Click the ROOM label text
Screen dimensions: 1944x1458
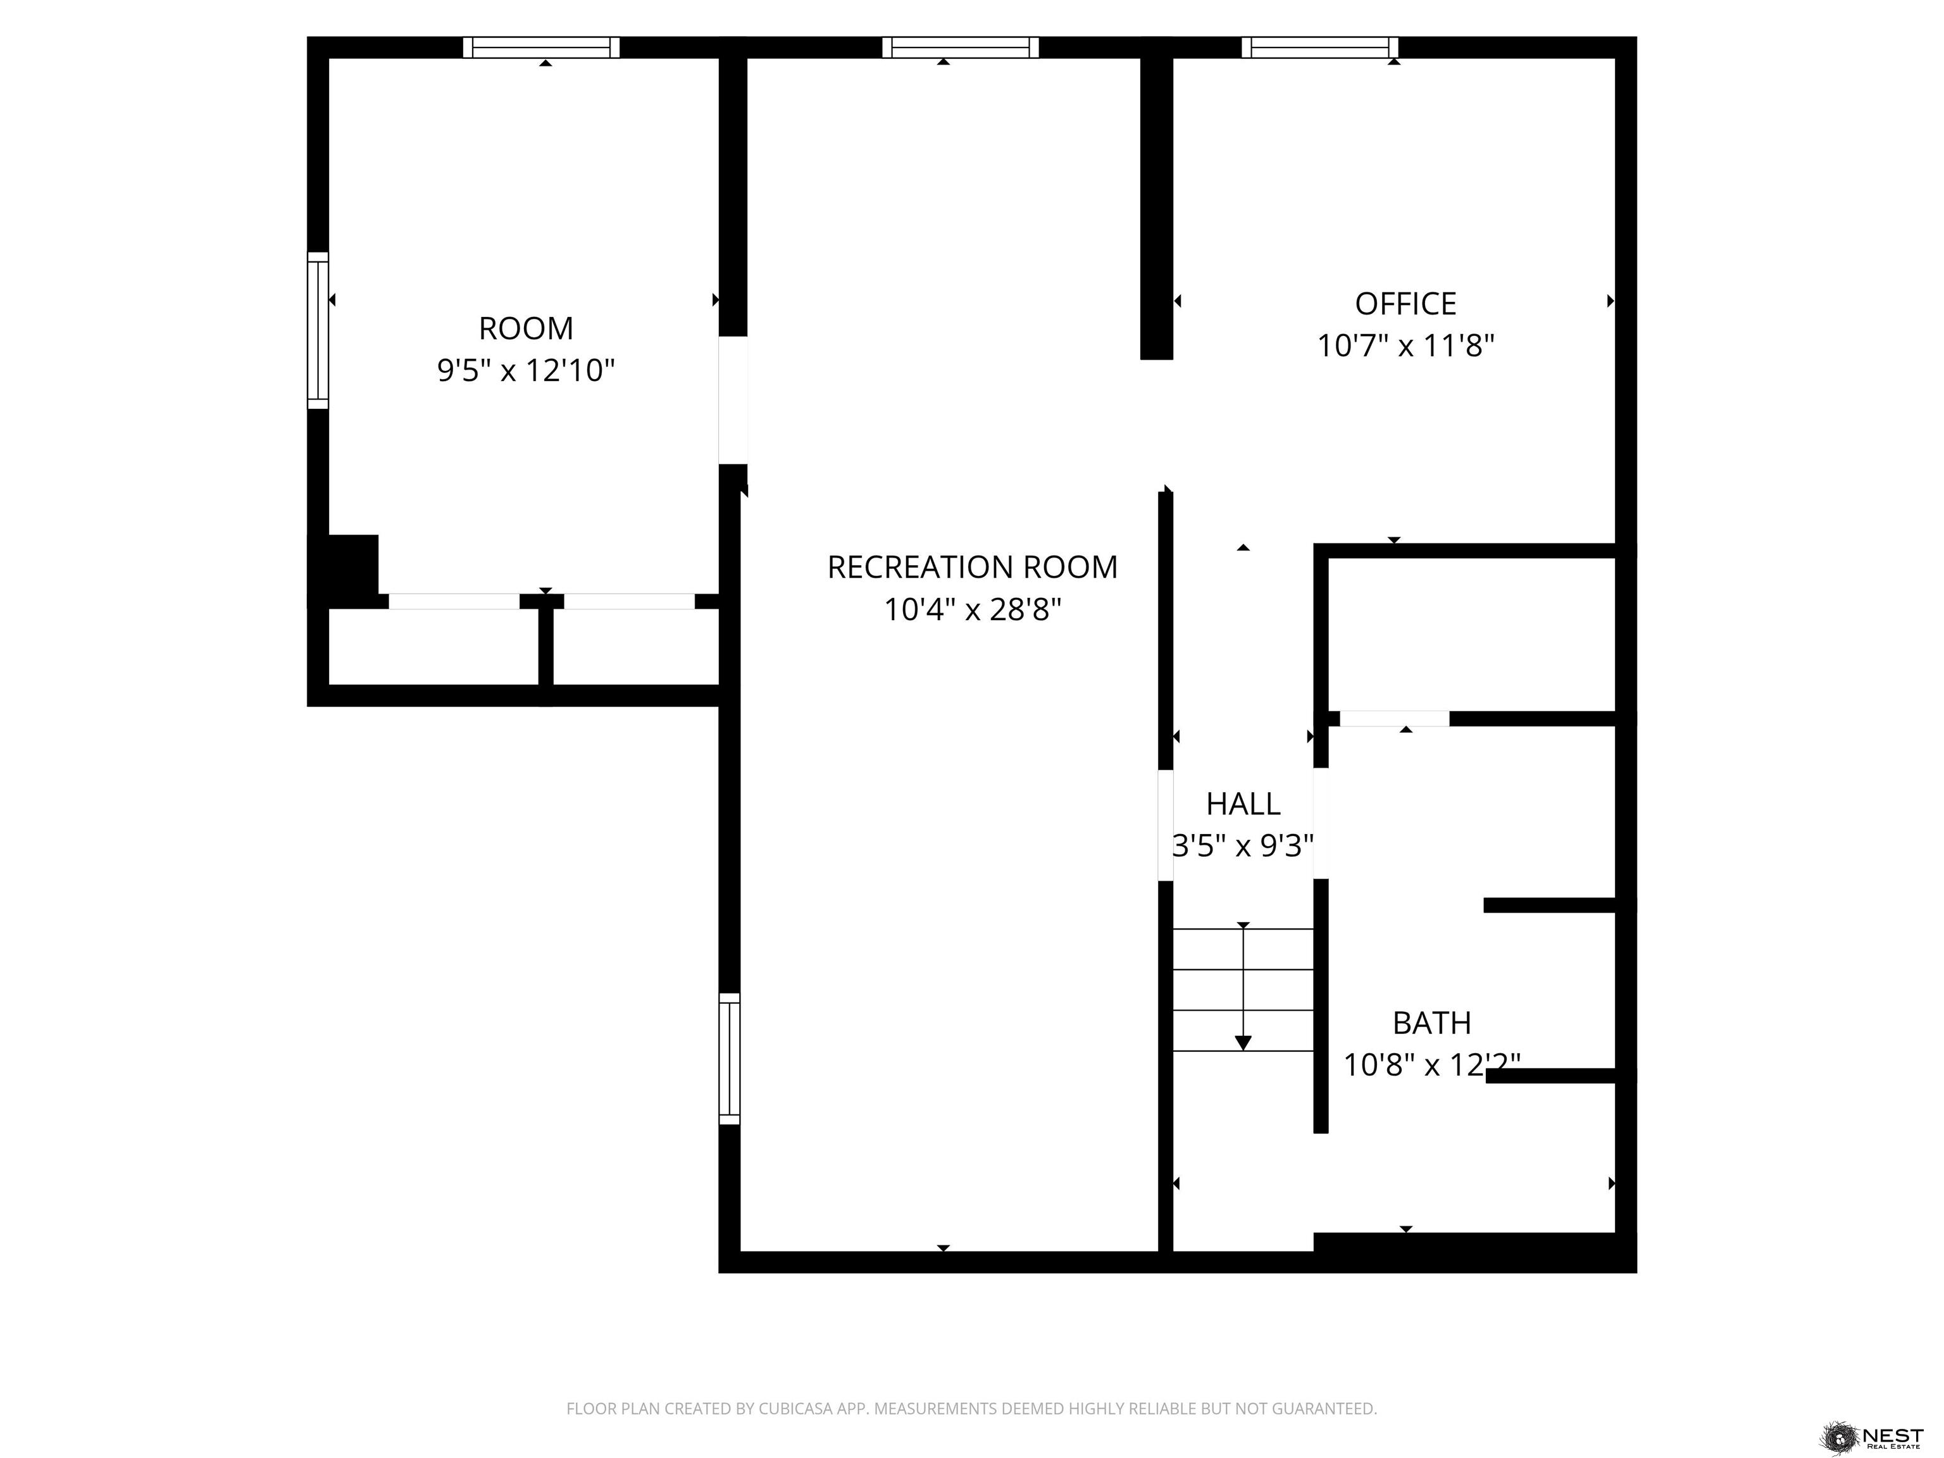(x=525, y=328)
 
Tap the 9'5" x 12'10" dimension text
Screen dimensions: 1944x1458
(x=525, y=371)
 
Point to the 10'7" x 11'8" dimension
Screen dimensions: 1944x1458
(x=1405, y=346)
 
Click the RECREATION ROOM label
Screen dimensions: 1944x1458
(x=972, y=568)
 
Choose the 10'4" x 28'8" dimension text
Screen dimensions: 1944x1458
(x=972, y=609)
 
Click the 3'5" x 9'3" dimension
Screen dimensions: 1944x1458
(x=1243, y=845)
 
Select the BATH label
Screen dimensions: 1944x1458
(x=1431, y=1023)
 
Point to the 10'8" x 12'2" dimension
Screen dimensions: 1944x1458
(x=1431, y=1064)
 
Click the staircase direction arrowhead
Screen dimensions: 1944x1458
(x=1243, y=1042)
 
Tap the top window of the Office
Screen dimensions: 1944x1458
(x=1319, y=47)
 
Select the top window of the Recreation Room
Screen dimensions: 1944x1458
(x=960, y=47)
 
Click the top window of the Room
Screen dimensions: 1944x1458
(x=541, y=47)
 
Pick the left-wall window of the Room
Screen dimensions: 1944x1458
(x=317, y=330)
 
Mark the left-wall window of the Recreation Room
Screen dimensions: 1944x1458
(x=730, y=1059)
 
